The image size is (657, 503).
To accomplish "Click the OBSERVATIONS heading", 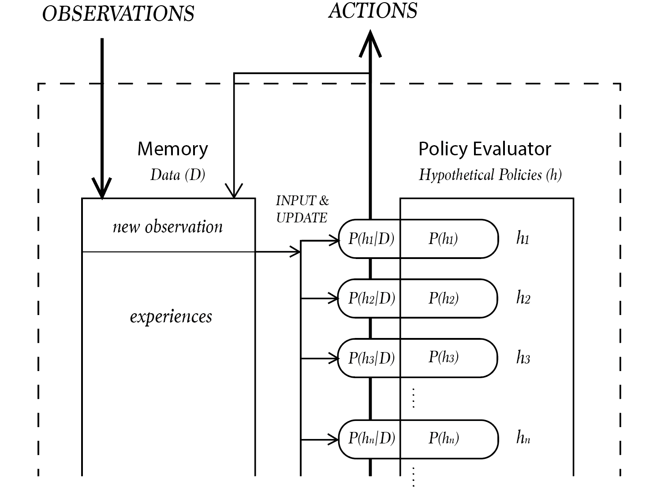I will (x=118, y=14).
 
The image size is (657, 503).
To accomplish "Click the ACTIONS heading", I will (x=373, y=11).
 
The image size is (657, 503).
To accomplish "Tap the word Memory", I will (x=172, y=149).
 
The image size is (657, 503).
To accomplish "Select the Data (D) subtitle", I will (x=178, y=175).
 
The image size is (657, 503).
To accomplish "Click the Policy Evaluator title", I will (x=485, y=149).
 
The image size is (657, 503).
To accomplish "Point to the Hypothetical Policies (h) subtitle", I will (x=490, y=175).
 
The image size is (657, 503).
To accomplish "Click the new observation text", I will (x=168, y=227).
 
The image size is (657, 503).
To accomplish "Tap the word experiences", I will (x=171, y=316).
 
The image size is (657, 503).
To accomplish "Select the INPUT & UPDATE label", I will (x=302, y=209).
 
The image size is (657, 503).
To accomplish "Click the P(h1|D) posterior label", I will (x=371, y=239).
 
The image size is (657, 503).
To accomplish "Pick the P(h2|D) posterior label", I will (x=371, y=298).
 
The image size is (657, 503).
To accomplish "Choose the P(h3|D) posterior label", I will (x=371, y=358).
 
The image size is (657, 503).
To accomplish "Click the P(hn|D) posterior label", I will (x=371, y=438).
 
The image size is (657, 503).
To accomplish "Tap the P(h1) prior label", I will (x=443, y=239).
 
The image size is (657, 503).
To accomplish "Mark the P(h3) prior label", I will (x=443, y=357).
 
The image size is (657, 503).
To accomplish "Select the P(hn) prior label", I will (x=443, y=438).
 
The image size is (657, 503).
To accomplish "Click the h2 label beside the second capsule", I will (x=523, y=298).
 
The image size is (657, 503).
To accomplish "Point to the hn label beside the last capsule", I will (x=523, y=438).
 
